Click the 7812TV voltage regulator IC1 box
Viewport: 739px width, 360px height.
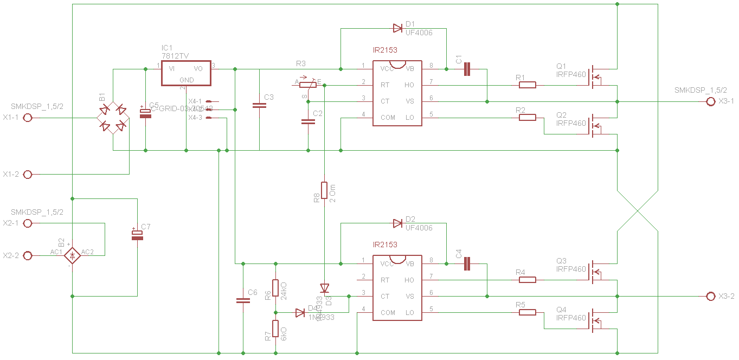(186, 73)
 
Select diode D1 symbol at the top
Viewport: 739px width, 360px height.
(397, 28)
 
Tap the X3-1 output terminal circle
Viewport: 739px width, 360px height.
(711, 101)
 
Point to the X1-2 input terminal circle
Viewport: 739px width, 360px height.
(28, 175)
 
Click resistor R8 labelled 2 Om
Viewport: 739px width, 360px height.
(324, 190)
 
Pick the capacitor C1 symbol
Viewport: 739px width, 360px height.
(467, 69)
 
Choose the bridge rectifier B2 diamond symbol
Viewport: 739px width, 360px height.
(72, 255)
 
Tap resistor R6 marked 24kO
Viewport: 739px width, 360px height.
(275, 288)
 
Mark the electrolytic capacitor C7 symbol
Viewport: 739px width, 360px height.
(137, 235)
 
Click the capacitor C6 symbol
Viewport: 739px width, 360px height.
(243, 300)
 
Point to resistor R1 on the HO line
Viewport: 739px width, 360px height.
(528, 85)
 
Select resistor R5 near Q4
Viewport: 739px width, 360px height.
(528, 312)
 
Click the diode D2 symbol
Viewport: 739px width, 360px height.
(397, 223)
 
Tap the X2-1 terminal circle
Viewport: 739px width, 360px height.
(28, 223)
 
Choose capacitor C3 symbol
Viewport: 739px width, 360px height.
(259, 106)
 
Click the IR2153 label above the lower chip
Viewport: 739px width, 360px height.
(385, 245)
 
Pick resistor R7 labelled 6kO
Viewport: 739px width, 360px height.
(275, 329)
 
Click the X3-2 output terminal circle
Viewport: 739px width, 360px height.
(711, 296)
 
